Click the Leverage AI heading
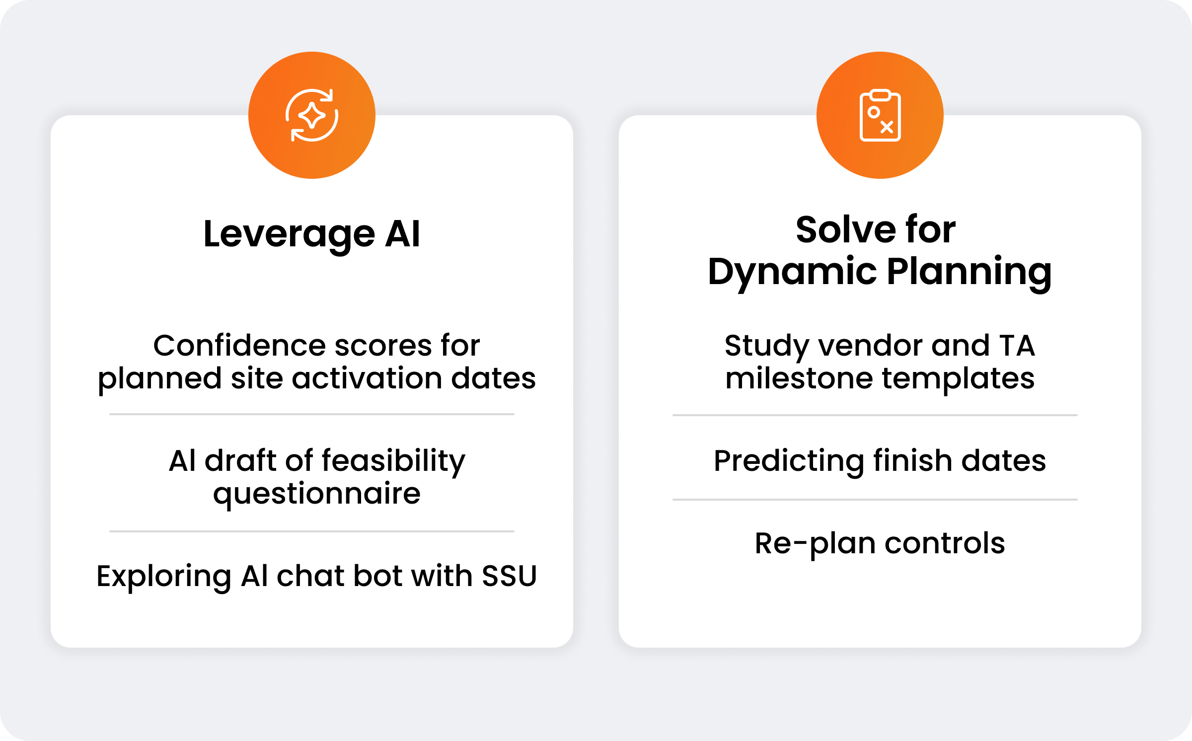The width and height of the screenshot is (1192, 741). click(312, 234)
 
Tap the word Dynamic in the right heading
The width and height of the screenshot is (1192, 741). click(793, 272)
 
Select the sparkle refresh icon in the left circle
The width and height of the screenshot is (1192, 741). click(312, 115)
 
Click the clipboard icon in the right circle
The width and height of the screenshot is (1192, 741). click(880, 115)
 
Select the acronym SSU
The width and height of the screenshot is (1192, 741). click(509, 576)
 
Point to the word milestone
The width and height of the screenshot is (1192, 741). click(799, 378)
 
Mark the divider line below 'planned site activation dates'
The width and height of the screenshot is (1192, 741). click(312, 414)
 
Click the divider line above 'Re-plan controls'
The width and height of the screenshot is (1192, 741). click(875, 500)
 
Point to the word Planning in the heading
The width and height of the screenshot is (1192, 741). click(969, 272)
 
